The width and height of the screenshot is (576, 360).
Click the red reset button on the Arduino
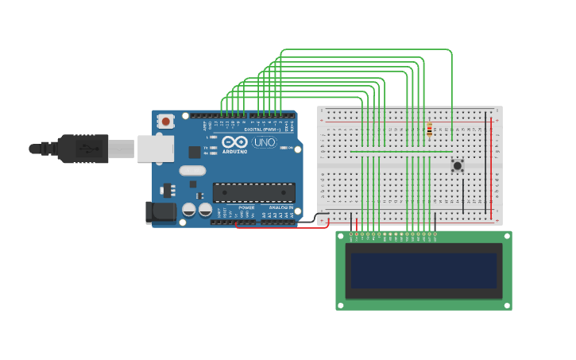click(x=165, y=122)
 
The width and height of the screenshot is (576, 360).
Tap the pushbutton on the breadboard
click(x=458, y=165)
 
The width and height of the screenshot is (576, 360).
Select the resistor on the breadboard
click(x=430, y=130)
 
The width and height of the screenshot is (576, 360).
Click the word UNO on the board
click(x=265, y=142)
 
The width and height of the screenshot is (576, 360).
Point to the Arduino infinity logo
click(x=234, y=142)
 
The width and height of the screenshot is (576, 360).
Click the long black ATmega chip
click(x=253, y=192)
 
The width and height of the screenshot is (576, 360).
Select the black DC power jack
click(x=159, y=212)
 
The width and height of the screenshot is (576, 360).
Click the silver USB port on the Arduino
click(x=155, y=149)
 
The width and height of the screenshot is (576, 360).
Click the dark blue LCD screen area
click(x=423, y=271)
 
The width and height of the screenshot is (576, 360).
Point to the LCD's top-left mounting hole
click(x=341, y=236)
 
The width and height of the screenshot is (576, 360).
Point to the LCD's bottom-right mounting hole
click(x=506, y=304)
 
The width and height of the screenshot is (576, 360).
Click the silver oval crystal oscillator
click(x=192, y=170)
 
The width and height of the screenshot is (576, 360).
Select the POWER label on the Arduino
click(x=246, y=207)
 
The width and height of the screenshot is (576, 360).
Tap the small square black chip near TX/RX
click(x=195, y=152)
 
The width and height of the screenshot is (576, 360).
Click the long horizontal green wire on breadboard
click(x=401, y=151)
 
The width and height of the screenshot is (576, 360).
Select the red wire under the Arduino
click(x=282, y=227)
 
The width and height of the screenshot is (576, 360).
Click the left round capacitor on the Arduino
click(x=189, y=210)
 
